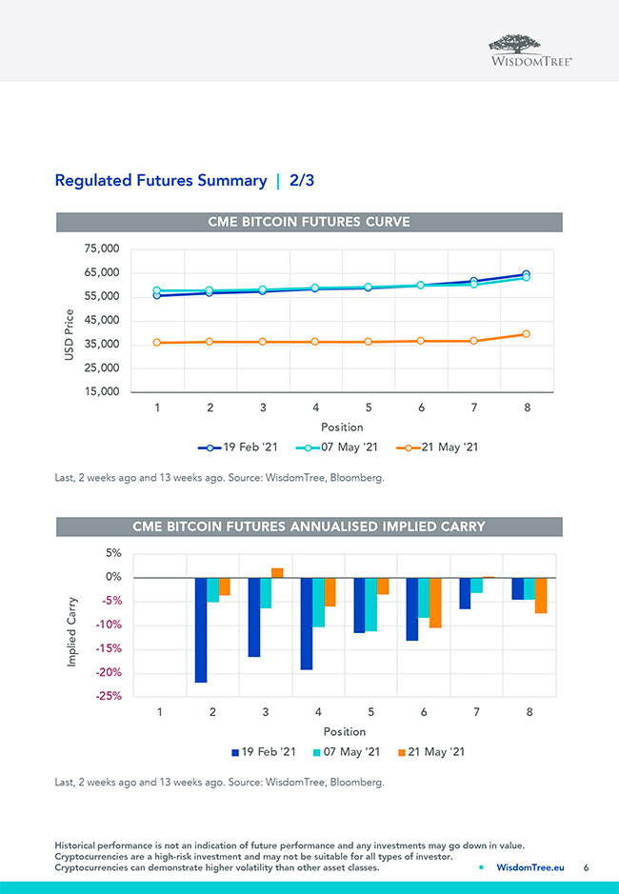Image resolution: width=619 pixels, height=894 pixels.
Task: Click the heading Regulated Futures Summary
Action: coord(161,180)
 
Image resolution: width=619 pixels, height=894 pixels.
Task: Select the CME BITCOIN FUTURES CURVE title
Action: coord(309,222)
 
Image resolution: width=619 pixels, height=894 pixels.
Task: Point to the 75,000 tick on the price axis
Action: coord(101,249)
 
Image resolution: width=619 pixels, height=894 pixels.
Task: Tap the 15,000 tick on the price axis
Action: coord(101,391)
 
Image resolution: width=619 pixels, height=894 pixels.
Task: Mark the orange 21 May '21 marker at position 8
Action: coord(526,334)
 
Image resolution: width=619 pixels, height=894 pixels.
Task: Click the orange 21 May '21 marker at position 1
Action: coord(157,343)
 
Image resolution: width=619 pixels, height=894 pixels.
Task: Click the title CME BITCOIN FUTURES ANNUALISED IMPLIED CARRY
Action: coord(309,526)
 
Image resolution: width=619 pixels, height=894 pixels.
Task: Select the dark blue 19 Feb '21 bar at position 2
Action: coord(201,629)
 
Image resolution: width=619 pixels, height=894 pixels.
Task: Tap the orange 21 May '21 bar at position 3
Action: coord(277,573)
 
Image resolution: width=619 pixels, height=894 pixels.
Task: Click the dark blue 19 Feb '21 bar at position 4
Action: coord(307,623)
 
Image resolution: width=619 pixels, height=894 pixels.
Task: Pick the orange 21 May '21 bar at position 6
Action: coord(435,602)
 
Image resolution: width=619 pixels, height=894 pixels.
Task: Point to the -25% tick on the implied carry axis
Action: coord(108,696)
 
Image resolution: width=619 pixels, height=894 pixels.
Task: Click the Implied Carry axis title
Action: coord(72,630)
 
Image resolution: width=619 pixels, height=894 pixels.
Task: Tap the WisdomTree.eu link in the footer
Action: coord(530,867)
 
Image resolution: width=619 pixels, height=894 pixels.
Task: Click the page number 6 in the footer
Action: coord(587,867)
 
